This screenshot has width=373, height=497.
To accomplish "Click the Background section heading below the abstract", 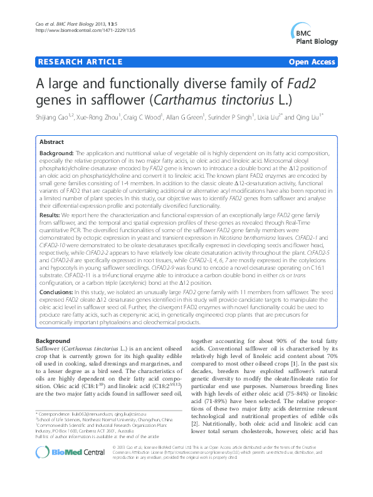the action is [53, 341].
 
